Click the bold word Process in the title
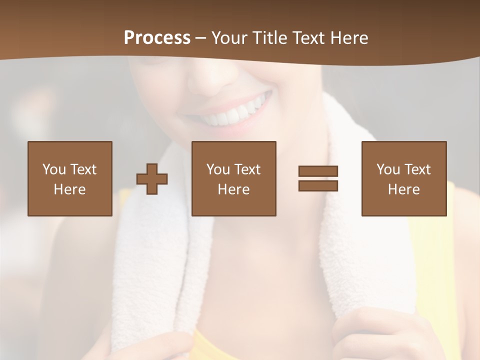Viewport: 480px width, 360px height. click(157, 38)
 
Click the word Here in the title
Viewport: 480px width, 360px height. click(349, 38)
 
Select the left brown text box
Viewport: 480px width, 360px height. click(69, 178)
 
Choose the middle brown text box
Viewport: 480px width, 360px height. click(233, 178)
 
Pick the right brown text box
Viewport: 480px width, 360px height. click(403, 178)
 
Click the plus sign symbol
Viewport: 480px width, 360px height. click(152, 178)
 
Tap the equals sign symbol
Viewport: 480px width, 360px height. click(318, 178)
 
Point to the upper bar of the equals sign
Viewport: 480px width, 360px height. click(318, 171)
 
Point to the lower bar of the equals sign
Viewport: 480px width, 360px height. click(318, 185)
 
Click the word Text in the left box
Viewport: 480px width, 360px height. click(82, 169)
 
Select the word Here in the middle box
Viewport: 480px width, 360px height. click(233, 189)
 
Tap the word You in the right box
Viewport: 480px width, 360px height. click(388, 169)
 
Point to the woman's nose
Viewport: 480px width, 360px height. click(210, 80)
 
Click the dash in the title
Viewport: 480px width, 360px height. click(201, 38)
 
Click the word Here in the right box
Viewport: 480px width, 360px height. click(403, 189)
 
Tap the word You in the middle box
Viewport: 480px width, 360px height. click(218, 169)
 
